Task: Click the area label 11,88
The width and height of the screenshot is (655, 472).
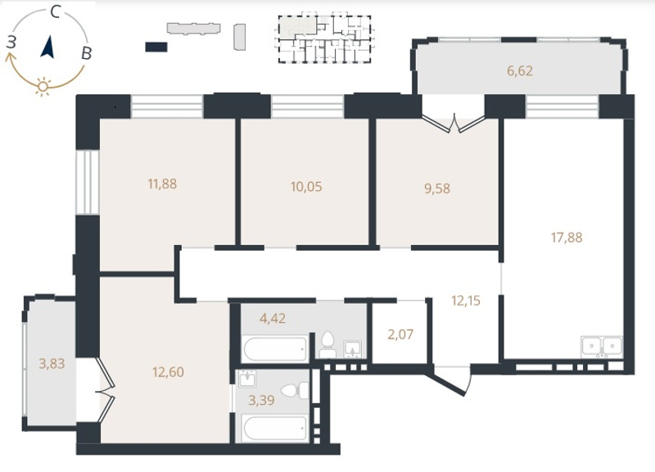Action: pyautogui.click(x=162, y=184)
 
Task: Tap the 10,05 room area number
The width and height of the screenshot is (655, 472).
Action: pyautogui.click(x=306, y=187)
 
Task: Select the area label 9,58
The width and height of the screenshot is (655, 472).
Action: pyautogui.click(x=437, y=188)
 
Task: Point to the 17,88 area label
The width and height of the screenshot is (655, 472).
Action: pyautogui.click(x=567, y=238)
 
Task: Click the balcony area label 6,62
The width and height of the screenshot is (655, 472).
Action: pyautogui.click(x=520, y=70)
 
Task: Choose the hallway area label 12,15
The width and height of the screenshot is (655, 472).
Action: pyautogui.click(x=466, y=300)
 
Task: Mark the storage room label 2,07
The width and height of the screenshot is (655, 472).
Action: pyautogui.click(x=400, y=334)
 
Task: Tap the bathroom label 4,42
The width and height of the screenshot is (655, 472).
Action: pyautogui.click(x=273, y=319)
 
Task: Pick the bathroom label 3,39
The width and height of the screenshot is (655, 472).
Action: pyautogui.click(x=261, y=401)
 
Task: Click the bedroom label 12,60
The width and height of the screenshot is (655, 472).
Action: pyautogui.click(x=168, y=372)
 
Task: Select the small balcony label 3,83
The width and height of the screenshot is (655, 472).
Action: pyautogui.click(x=52, y=363)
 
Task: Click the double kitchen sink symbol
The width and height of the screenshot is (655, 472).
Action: pyautogui.click(x=602, y=347)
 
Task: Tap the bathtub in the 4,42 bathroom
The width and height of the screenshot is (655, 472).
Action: pyautogui.click(x=276, y=348)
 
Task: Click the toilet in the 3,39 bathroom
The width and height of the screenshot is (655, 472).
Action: pyautogui.click(x=296, y=392)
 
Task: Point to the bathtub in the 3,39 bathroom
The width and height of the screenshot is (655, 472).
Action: pyautogui.click(x=276, y=427)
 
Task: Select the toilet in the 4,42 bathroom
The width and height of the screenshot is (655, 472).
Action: pyautogui.click(x=328, y=345)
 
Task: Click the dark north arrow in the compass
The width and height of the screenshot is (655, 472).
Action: pyautogui.click(x=47, y=47)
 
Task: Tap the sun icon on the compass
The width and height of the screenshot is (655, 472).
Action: pyautogui.click(x=43, y=87)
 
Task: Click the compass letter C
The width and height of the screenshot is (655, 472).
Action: pyautogui.click(x=56, y=12)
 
